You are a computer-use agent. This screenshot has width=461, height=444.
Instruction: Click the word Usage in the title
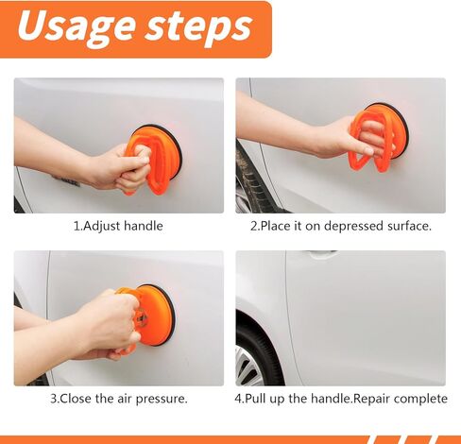[x=77, y=27]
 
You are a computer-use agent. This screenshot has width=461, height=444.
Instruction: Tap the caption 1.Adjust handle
[x=118, y=226]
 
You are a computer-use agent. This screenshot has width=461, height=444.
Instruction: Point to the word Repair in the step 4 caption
[x=371, y=399]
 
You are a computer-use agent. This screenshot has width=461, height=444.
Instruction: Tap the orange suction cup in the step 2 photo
[x=379, y=137]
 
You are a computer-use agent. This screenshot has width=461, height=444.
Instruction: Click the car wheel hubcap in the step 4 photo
[x=249, y=366]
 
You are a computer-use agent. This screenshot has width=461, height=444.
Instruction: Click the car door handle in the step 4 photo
[x=322, y=253]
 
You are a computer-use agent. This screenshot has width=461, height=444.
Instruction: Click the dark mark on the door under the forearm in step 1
[x=66, y=181]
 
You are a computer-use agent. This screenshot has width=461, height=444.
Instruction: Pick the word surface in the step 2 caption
[x=409, y=226]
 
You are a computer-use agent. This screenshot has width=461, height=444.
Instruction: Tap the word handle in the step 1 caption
[x=144, y=226]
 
